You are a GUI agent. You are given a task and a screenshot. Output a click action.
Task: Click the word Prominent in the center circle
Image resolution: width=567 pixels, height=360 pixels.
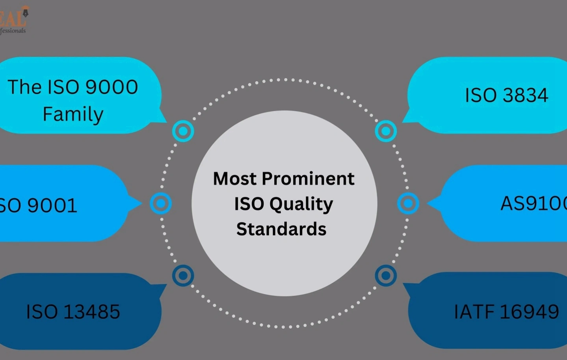click(308, 179)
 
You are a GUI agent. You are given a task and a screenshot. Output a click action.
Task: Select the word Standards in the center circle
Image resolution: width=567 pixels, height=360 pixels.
click(281, 229)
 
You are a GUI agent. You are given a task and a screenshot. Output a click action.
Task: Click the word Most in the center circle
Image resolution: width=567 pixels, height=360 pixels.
click(235, 179)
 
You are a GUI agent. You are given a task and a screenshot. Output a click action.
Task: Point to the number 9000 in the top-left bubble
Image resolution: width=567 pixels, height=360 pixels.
click(112, 87)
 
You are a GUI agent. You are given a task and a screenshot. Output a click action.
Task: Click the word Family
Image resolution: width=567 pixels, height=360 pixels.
click(73, 114)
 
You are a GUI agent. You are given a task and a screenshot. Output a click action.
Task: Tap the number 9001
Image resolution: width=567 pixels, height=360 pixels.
click(52, 205)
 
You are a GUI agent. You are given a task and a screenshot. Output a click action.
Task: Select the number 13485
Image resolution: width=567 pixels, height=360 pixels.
click(91, 312)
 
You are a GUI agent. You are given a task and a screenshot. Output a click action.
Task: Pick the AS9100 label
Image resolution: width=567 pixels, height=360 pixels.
click(533, 203)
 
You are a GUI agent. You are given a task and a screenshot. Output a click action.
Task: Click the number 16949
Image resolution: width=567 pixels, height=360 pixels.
click(529, 312)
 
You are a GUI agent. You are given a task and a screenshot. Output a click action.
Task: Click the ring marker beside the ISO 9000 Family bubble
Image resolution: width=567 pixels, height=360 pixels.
click(183, 131)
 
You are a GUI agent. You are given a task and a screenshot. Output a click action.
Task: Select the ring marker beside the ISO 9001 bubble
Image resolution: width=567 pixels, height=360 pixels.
click(161, 203)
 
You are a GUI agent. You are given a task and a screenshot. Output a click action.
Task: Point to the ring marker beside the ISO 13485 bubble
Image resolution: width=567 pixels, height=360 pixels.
click(183, 275)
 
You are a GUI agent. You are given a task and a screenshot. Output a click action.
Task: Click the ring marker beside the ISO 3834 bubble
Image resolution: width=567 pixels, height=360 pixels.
click(386, 131)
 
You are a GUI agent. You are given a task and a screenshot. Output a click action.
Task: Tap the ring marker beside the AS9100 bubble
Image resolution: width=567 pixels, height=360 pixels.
click(408, 203)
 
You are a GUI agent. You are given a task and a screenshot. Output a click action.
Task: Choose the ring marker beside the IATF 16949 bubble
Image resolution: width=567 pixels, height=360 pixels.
click(386, 275)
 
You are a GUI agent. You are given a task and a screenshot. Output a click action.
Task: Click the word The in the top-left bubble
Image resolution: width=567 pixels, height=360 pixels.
click(24, 87)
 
